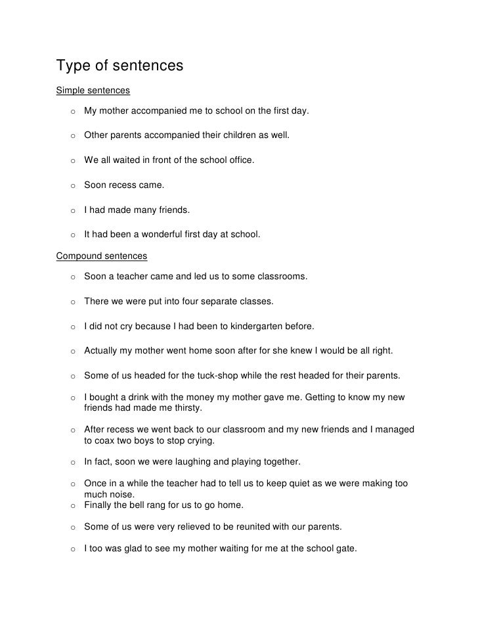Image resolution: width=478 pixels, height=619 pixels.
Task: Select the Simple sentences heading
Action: [x=93, y=89]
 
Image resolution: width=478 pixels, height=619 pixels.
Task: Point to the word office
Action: [x=239, y=160]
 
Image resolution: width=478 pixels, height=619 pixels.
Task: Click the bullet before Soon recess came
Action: [x=70, y=186]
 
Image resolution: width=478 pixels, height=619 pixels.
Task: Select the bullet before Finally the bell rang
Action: [x=70, y=506]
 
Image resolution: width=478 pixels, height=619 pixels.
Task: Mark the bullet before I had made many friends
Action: [x=70, y=210]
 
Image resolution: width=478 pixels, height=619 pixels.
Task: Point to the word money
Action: [x=205, y=398]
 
